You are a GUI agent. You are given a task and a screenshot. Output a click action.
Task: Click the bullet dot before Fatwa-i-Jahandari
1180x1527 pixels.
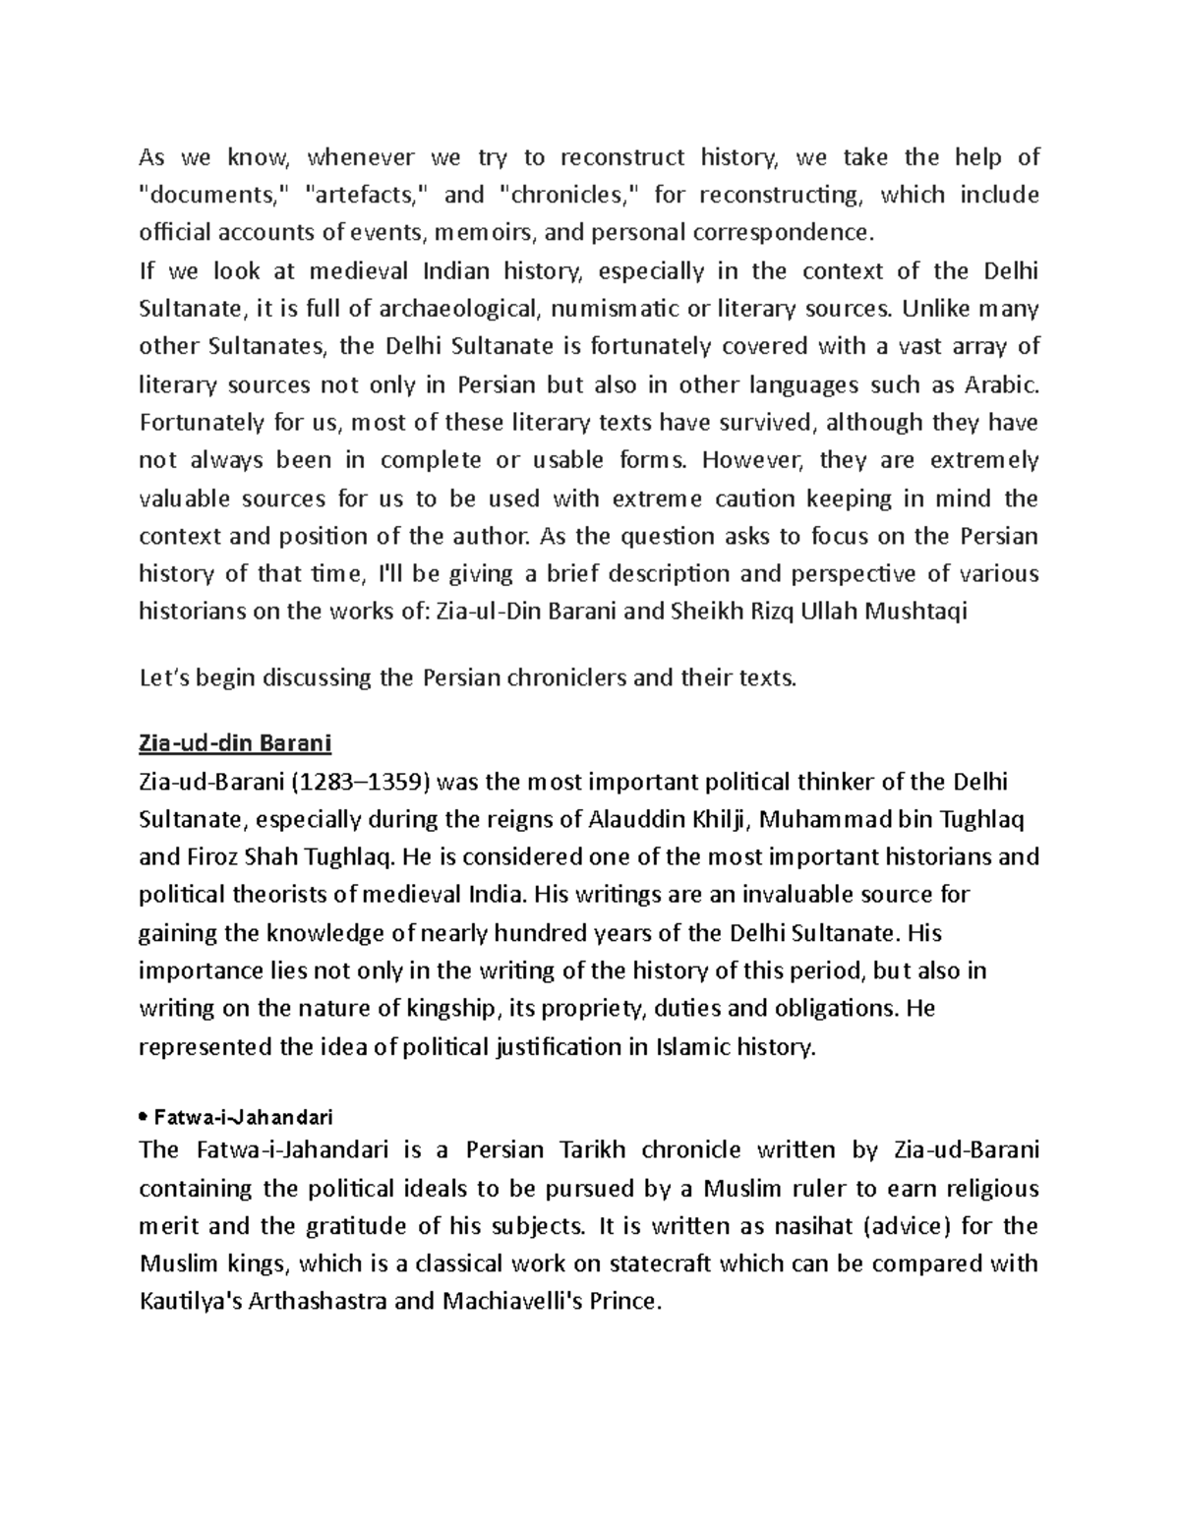point(144,1118)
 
